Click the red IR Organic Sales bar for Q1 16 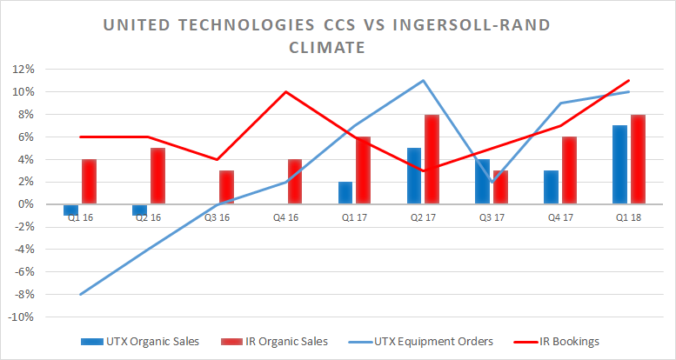tap(89, 181)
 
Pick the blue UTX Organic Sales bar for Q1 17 tap(345, 192)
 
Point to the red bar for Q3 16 tap(226, 187)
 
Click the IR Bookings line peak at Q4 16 tap(286, 91)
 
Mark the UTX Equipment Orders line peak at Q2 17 tap(423, 81)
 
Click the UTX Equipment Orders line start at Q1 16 tap(81, 294)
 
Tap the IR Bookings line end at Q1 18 tap(628, 81)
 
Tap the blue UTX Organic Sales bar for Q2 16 tap(139, 210)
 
